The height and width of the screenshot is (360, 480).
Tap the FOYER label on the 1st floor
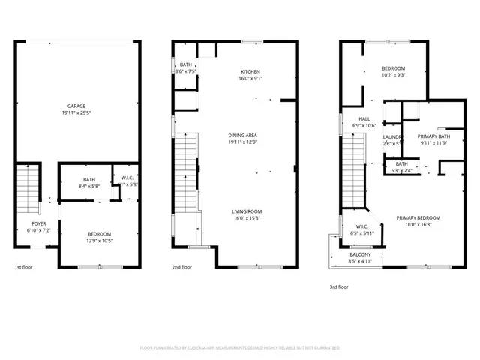(38, 224)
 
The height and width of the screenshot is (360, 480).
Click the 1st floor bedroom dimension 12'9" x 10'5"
(99, 240)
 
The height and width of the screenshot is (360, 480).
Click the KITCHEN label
(250, 71)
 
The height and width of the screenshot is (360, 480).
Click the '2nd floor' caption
(182, 267)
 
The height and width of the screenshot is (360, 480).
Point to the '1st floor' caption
(24, 267)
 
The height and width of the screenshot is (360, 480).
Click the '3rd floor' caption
(339, 286)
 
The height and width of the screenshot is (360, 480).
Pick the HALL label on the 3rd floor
(364, 118)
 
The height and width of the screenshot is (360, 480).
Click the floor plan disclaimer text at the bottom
(240, 348)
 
